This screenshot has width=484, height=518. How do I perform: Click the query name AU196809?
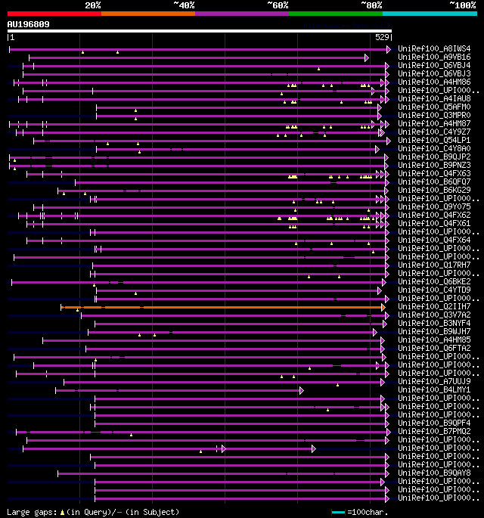(29, 24)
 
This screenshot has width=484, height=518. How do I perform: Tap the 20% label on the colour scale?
(93, 5)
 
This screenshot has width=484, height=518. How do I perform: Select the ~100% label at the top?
(462, 5)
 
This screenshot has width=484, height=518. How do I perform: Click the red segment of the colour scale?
(54, 14)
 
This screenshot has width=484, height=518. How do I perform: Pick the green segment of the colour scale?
(335, 14)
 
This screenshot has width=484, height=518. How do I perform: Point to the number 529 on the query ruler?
(382, 37)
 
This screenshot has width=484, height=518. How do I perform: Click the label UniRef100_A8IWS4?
(434, 49)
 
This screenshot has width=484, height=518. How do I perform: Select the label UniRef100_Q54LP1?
(434, 141)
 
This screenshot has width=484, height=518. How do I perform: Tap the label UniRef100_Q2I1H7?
(434, 307)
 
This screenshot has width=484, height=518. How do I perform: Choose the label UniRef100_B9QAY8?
(434, 473)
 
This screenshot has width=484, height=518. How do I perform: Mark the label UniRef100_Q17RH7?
(434, 265)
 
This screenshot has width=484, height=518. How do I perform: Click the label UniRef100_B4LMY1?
(434, 390)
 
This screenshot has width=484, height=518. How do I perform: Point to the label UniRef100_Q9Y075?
(434, 207)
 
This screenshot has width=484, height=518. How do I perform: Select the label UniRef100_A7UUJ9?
(434, 382)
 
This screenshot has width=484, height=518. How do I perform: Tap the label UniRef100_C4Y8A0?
(434, 149)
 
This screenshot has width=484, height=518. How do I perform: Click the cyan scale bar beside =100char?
(339, 513)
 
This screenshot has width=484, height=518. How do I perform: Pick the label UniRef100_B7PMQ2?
(434, 432)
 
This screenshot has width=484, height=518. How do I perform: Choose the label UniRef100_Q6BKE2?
(434, 282)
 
